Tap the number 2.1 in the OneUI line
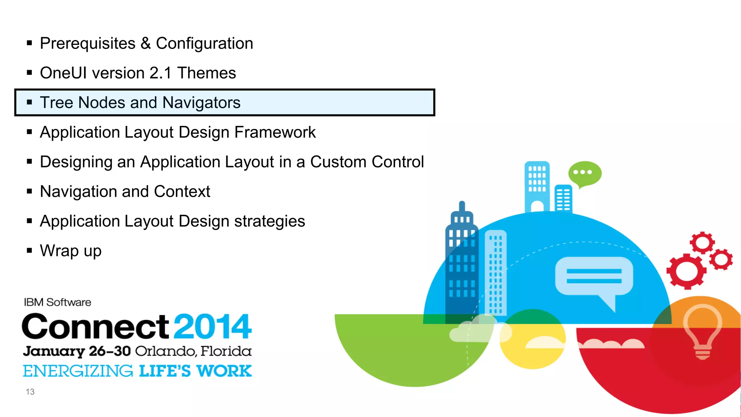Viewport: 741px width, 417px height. [x=160, y=73]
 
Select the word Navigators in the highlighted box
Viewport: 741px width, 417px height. [x=201, y=103]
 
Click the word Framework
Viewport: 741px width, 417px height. [x=275, y=132]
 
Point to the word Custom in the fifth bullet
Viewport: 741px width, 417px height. [x=338, y=162]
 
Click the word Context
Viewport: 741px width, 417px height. [x=182, y=192]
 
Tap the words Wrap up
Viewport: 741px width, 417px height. [x=71, y=251]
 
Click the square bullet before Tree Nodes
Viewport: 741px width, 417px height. [x=30, y=102]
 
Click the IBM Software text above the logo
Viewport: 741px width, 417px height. [x=58, y=302]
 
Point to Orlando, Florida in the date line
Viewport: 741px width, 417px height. [x=193, y=351]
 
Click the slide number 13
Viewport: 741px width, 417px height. [x=30, y=392]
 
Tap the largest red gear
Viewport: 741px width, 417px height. [x=686, y=271]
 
